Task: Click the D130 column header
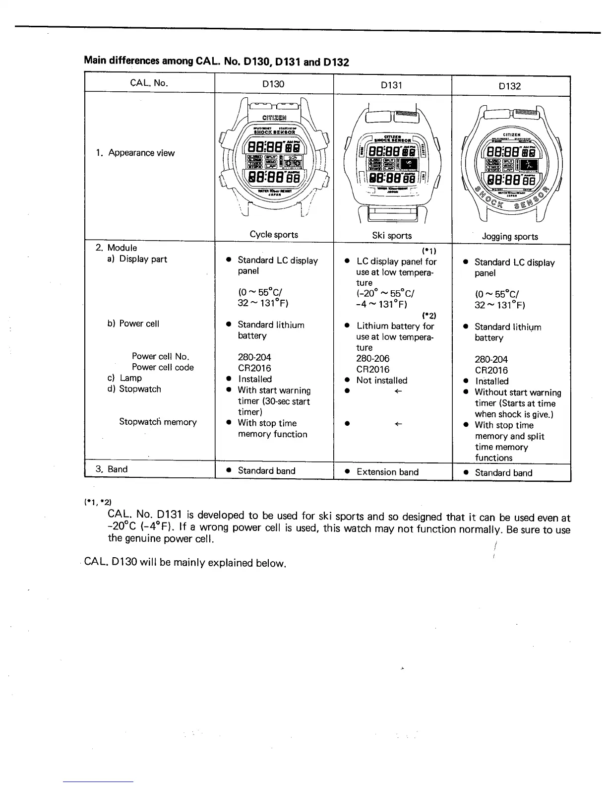pos(273,84)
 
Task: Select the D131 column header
pos(391,85)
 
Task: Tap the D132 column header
pos(510,86)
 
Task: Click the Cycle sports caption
pos(274,234)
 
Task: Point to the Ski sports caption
pos(392,235)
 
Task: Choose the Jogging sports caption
pos(510,236)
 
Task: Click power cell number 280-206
pos(372,358)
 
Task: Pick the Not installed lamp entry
pos(381,381)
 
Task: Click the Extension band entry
pos(387,472)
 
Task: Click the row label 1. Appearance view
pos(135,153)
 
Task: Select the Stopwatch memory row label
pos(158,422)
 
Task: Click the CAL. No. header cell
pos(149,83)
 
